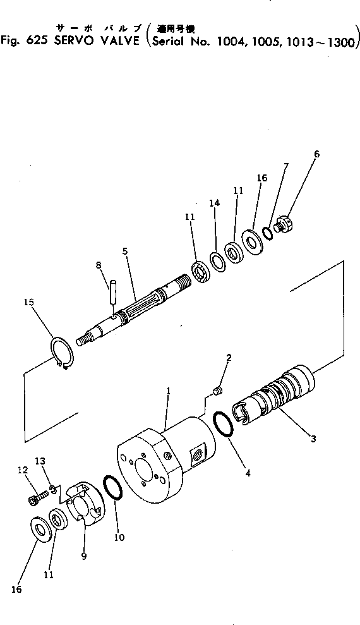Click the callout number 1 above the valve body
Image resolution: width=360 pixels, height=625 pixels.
(x=168, y=392)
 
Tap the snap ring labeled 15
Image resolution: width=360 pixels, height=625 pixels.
(x=60, y=350)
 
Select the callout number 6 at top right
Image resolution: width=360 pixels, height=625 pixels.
(x=316, y=154)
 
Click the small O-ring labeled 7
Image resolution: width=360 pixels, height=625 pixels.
(x=268, y=233)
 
